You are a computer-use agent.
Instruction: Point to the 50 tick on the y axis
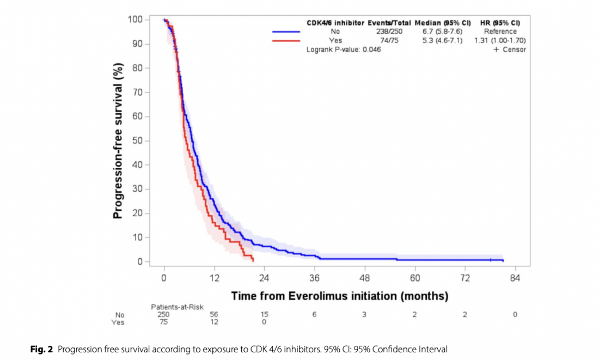(x=147, y=141)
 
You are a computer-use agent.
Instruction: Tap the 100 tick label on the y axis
(x=135, y=20)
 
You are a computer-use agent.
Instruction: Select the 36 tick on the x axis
(x=315, y=266)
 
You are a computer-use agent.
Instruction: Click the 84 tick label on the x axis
(x=515, y=278)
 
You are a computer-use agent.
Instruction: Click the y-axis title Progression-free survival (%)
(x=118, y=141)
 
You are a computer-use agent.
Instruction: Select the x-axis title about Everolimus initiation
(x=339, y=296)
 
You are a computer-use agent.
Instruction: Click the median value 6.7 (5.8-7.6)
(x=442, y=32)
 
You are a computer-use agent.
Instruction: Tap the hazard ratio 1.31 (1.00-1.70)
(x=500, y=40)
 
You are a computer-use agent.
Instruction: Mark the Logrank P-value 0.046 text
(x=344, y=50)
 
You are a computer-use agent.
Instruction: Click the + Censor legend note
(x=510, y=50)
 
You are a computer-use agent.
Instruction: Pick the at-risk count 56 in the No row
(x=214, y=315)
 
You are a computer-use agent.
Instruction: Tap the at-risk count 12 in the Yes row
(x=214, y=322)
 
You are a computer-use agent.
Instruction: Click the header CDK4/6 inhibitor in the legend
(x=335, y=23)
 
